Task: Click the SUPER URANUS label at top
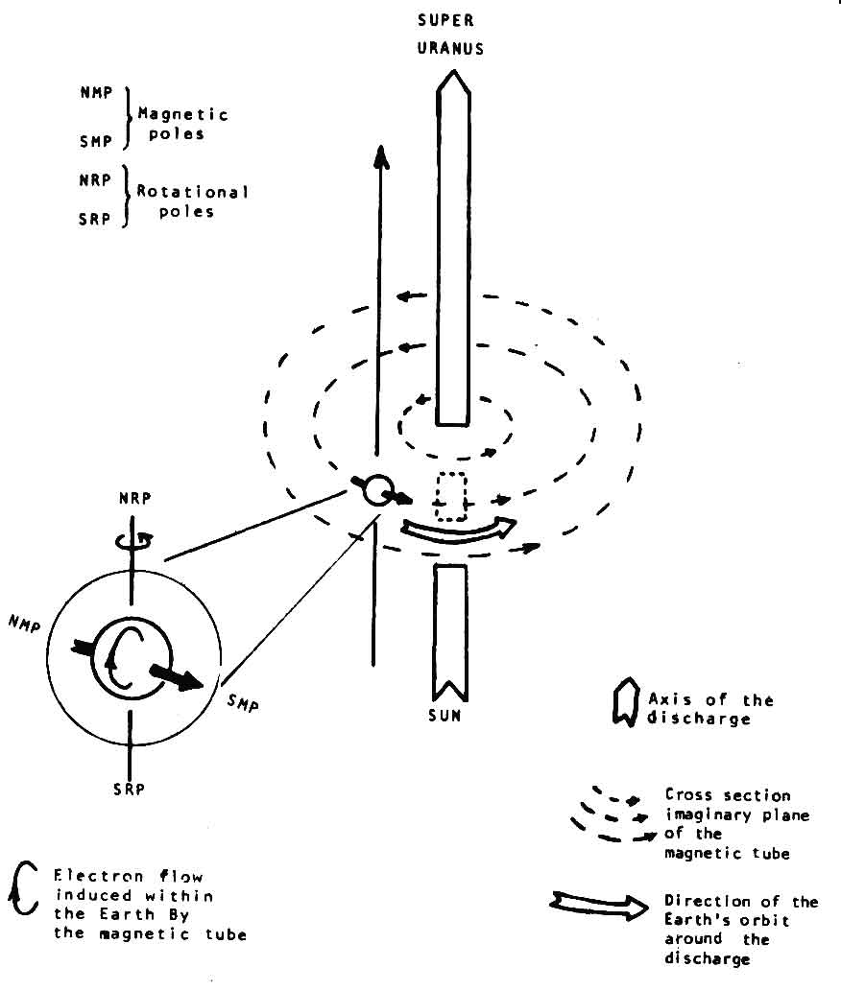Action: pyautogui.click(x=450, y=35)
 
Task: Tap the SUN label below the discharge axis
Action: pyautogui.click(x=445, y=716)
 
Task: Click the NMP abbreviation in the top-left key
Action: pyautogui.click(x=96, y=93)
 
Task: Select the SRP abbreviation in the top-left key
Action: pyautogui.click(x=94, y=219)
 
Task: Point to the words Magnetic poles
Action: pyautogui.click(x=182, y=124)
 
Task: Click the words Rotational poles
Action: pyautogui.click(x=192, y=201)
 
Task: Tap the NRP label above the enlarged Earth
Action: pyautogui.click(x=134, y=499)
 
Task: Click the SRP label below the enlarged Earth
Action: pyautogui.click(x=129, y=789)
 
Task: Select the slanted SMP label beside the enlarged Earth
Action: pyautogui.click(x=243, y=701)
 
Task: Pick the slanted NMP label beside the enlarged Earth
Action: pyautogui.click(x=25, y=624)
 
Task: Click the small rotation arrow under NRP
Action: pyautogui.click(x=133, y=540)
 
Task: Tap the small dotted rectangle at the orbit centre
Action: pyautogui.click(x=449, y=497)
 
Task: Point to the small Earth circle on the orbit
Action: pyautogui.click(x=378, y=490)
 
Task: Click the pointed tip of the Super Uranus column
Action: pyautogui.click(x=453, y=70)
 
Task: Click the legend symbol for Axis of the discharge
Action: pyautogui.click(x=625, y=701)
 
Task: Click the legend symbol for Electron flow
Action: pyautogui.click(x=23, y=887)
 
